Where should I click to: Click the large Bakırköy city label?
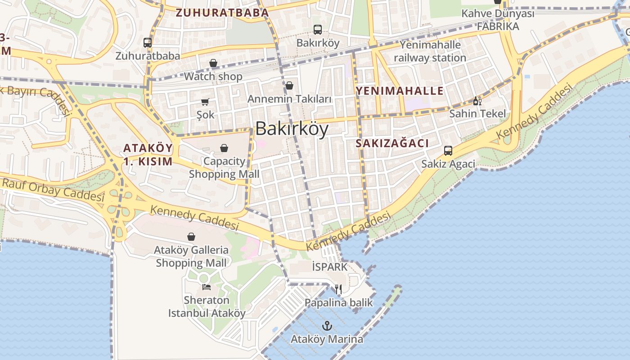292,129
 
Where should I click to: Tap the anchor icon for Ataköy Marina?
327,326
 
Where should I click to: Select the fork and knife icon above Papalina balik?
338,289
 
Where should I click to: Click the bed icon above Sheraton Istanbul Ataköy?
207,287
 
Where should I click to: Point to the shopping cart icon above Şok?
205,102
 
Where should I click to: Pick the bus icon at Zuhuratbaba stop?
148,43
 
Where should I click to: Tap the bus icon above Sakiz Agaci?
448,150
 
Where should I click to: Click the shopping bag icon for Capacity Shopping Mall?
224,148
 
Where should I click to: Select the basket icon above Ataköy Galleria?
191,237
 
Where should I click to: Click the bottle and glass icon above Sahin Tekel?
477,101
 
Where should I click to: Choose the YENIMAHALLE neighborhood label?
400,91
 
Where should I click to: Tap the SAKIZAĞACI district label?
392,143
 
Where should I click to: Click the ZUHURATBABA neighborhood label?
222,13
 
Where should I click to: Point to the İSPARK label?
330,267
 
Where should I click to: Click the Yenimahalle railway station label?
430,51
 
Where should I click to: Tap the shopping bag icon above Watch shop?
213,63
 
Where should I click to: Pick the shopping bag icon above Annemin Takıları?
289,85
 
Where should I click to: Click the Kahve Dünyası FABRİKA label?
498,20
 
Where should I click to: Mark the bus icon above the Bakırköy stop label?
318,30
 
